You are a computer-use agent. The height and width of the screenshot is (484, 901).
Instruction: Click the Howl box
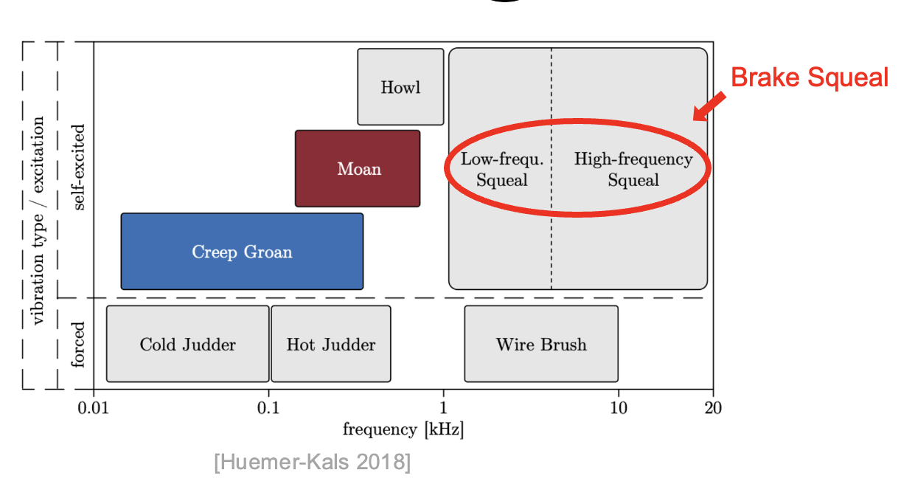point(400,87)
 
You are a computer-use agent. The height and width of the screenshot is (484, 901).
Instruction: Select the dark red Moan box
point(358,169)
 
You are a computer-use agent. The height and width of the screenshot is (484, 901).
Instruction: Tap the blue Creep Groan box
point(242,252)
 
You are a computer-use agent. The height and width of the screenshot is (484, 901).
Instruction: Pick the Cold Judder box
point(187,345)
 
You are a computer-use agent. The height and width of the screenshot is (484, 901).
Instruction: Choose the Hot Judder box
point(330,345)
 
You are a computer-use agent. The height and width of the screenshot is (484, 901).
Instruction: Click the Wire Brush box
point(541,345)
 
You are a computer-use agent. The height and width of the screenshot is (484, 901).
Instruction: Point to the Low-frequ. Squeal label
point(501,169)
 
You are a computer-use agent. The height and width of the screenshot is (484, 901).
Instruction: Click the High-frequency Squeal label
point(633,169)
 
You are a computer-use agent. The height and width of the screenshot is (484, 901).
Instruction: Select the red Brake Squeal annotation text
point(809,77)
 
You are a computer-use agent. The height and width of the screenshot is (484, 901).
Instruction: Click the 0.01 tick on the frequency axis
point(94,408)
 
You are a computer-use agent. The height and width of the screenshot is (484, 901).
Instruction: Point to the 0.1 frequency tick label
point(268,408)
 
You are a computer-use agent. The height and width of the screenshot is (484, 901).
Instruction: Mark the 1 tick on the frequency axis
point(443,408)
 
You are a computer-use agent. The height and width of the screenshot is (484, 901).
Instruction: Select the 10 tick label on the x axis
point(618,408)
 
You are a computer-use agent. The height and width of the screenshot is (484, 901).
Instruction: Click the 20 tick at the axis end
point(713,408)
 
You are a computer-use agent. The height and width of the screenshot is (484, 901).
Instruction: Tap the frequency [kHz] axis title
point(403,429)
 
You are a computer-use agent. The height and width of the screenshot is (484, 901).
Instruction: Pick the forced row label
point(79,343)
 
